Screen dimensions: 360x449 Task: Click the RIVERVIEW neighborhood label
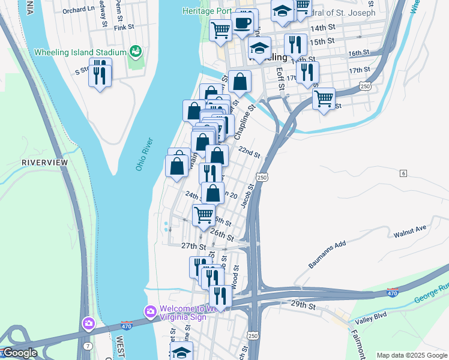[44, 163]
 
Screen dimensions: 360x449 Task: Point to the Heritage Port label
[207, 11]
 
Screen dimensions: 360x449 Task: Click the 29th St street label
[303, 306]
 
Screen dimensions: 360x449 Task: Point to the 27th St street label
[193, 246]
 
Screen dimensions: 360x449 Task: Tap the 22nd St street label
[249, 152]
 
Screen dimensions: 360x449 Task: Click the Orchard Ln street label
[79, 10]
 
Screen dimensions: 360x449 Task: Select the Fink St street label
[124, 28]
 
